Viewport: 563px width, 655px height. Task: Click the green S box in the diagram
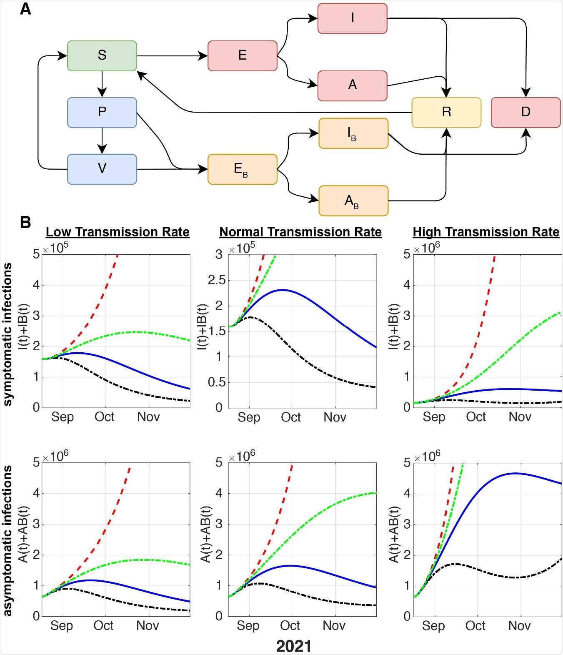pyautogui.click(x=102, y=55)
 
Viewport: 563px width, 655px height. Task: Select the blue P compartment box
pyautogui.click(x=102, y=112)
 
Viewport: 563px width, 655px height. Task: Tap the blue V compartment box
pyautogui.click(x=102, y=169)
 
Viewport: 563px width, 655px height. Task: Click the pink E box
pyautogui.click(x=243, y=55)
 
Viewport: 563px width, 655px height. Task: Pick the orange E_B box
pyautogui.click(x=243, y=169)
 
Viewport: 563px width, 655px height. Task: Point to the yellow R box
pyautogui.click(x=446, y=112)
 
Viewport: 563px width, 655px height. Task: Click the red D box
pyautogui.click(x=525, y=112)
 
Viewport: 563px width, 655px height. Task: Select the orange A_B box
pyautogui.click(x=353, y=201)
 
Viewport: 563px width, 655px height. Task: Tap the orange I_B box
pyautogui.click(x=353, y=133)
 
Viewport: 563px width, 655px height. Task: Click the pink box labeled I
pyautogui.click(x=353, y=18)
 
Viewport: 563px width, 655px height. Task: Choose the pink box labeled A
pyautogui.click(x=353, y=85)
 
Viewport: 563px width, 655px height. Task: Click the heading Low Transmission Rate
pyautogui.click(x=118, y=232)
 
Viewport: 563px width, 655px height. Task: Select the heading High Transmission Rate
pyautogui.click(x=486, y=232)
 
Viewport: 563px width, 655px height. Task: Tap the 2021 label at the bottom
pyautogui.click(x=294, y=646)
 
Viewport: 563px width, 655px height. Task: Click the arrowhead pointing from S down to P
pyautogui.click(x=102, y=93)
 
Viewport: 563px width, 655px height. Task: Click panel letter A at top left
pyautogui.click(x=25, y=9)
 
